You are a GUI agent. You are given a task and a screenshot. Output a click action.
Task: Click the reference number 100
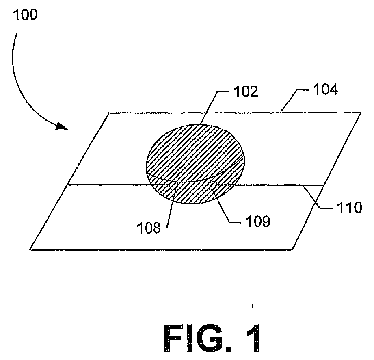click(x=25, y=16)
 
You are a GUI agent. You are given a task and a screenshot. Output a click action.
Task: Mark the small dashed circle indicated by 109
click(x=212, y=185)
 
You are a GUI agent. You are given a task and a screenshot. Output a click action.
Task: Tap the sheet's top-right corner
click(x=360, y=113)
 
